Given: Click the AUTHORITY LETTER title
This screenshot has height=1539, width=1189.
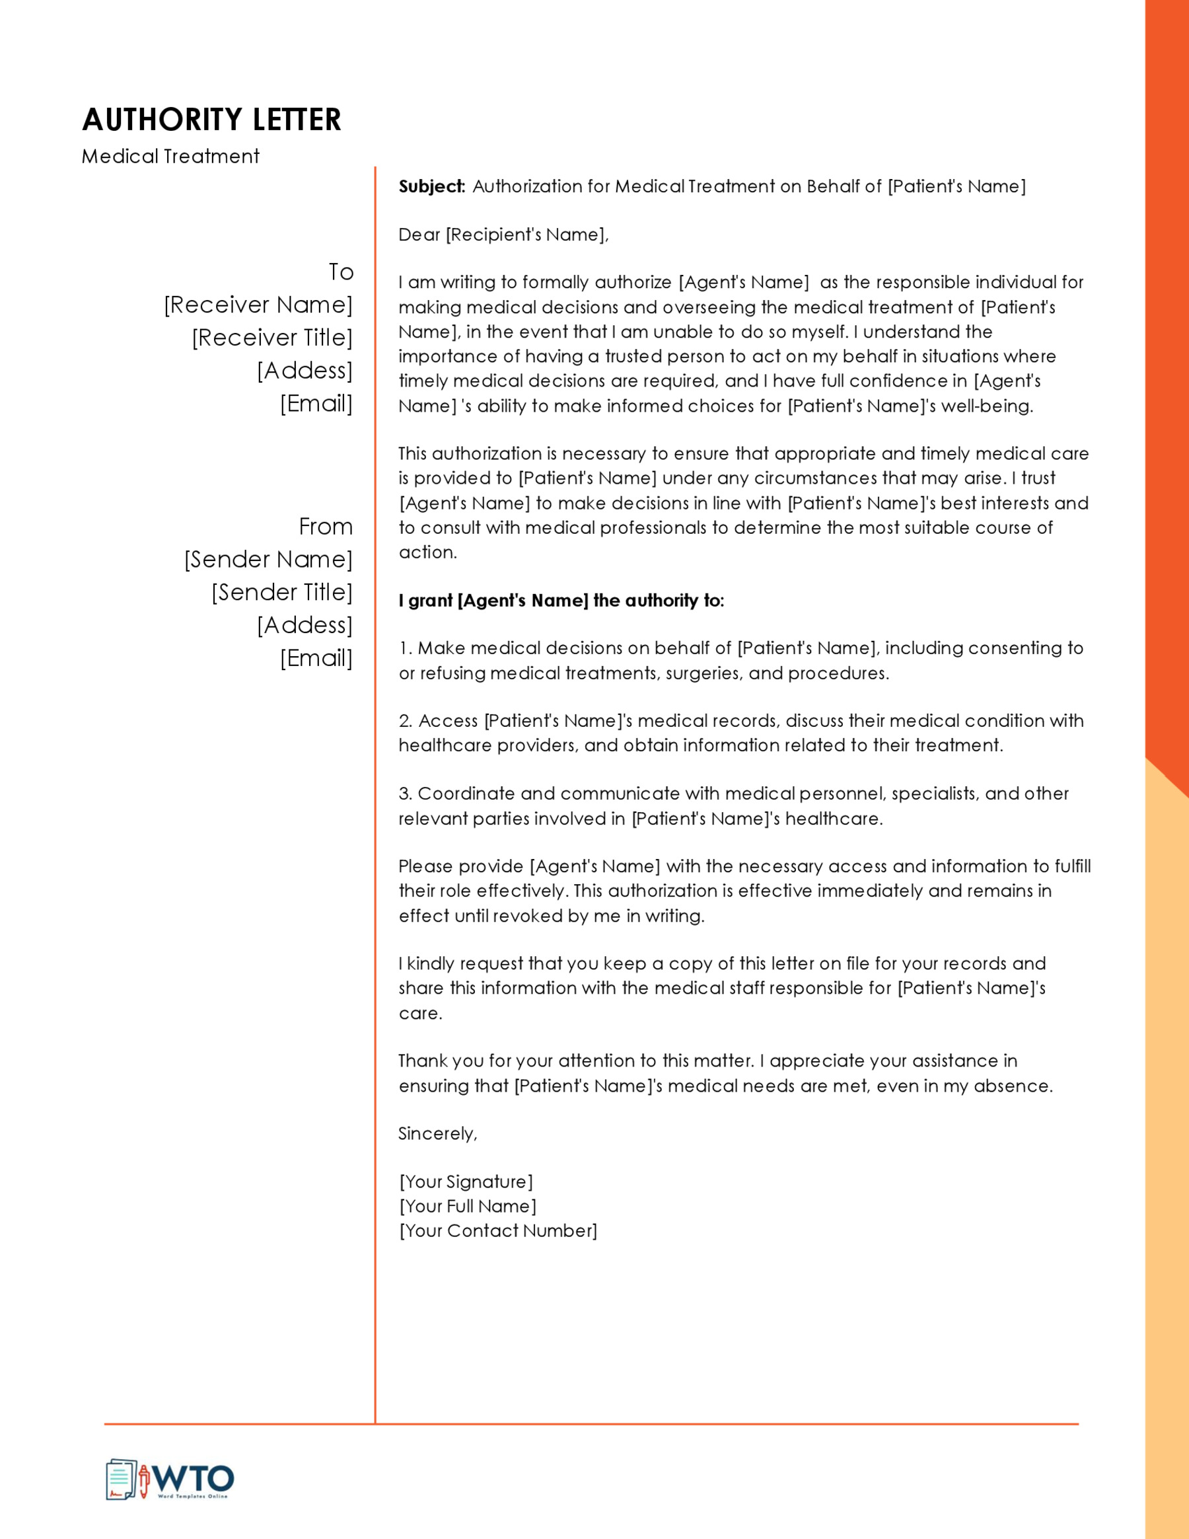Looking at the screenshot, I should [211, 120].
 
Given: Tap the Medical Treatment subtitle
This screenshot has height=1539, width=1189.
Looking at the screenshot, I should [170, 157].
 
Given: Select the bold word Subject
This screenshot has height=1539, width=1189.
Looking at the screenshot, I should [431, 187].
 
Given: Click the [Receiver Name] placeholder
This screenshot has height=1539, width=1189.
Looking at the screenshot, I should [258, 305].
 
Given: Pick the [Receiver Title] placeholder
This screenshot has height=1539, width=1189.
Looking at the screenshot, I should [272, 338].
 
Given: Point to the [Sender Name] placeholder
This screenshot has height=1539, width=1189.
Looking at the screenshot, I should [268, 560].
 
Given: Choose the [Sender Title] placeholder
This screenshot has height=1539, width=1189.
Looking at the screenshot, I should [282, 593].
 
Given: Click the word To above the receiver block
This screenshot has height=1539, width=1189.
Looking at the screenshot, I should [341, 272].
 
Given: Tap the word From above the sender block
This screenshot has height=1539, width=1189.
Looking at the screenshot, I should [326, 527].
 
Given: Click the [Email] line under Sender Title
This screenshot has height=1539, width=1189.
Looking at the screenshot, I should [316, 658].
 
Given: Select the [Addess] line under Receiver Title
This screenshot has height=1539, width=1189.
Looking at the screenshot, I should [305, 371].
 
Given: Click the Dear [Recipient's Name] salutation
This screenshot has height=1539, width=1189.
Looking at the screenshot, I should [503, 235].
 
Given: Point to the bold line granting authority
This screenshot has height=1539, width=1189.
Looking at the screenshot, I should [561, 601].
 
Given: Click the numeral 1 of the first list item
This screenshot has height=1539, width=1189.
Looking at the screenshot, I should [404, 648].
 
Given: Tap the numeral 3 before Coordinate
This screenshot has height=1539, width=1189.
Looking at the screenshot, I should [404, 794].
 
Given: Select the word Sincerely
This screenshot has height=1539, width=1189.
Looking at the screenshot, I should [437, 1134].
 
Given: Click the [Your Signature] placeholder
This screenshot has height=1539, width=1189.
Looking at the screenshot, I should [466, 1182].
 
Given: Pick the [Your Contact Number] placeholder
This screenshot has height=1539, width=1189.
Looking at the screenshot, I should [498, 1230].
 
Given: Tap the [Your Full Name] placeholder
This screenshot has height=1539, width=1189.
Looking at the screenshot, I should [468, 1207].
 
